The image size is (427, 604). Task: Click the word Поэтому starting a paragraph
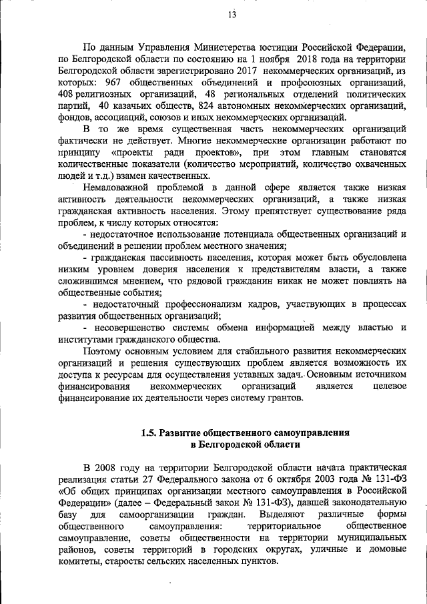(103, 351)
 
